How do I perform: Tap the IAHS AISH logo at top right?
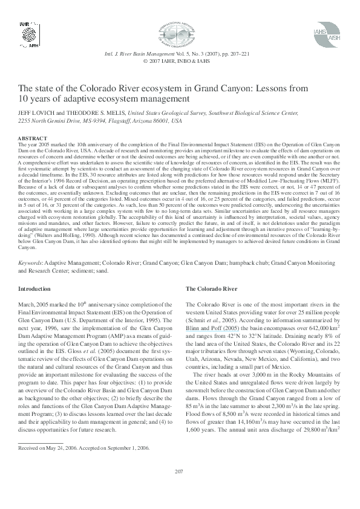click(330, 40)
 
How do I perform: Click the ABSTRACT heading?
click(33, 138)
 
